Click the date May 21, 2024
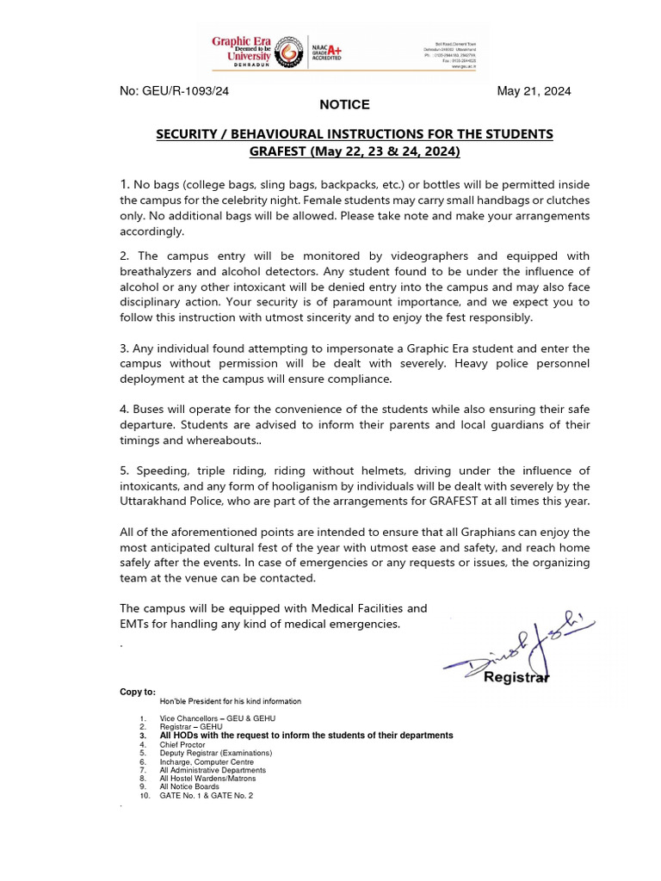pos(534,91)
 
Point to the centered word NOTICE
pos(344,105)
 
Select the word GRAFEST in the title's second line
pos(279,151)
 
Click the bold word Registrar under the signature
pos(516,677)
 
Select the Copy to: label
pos(138,692)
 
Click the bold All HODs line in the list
pos(306,736)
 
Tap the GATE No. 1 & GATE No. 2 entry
pos(206,795)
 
